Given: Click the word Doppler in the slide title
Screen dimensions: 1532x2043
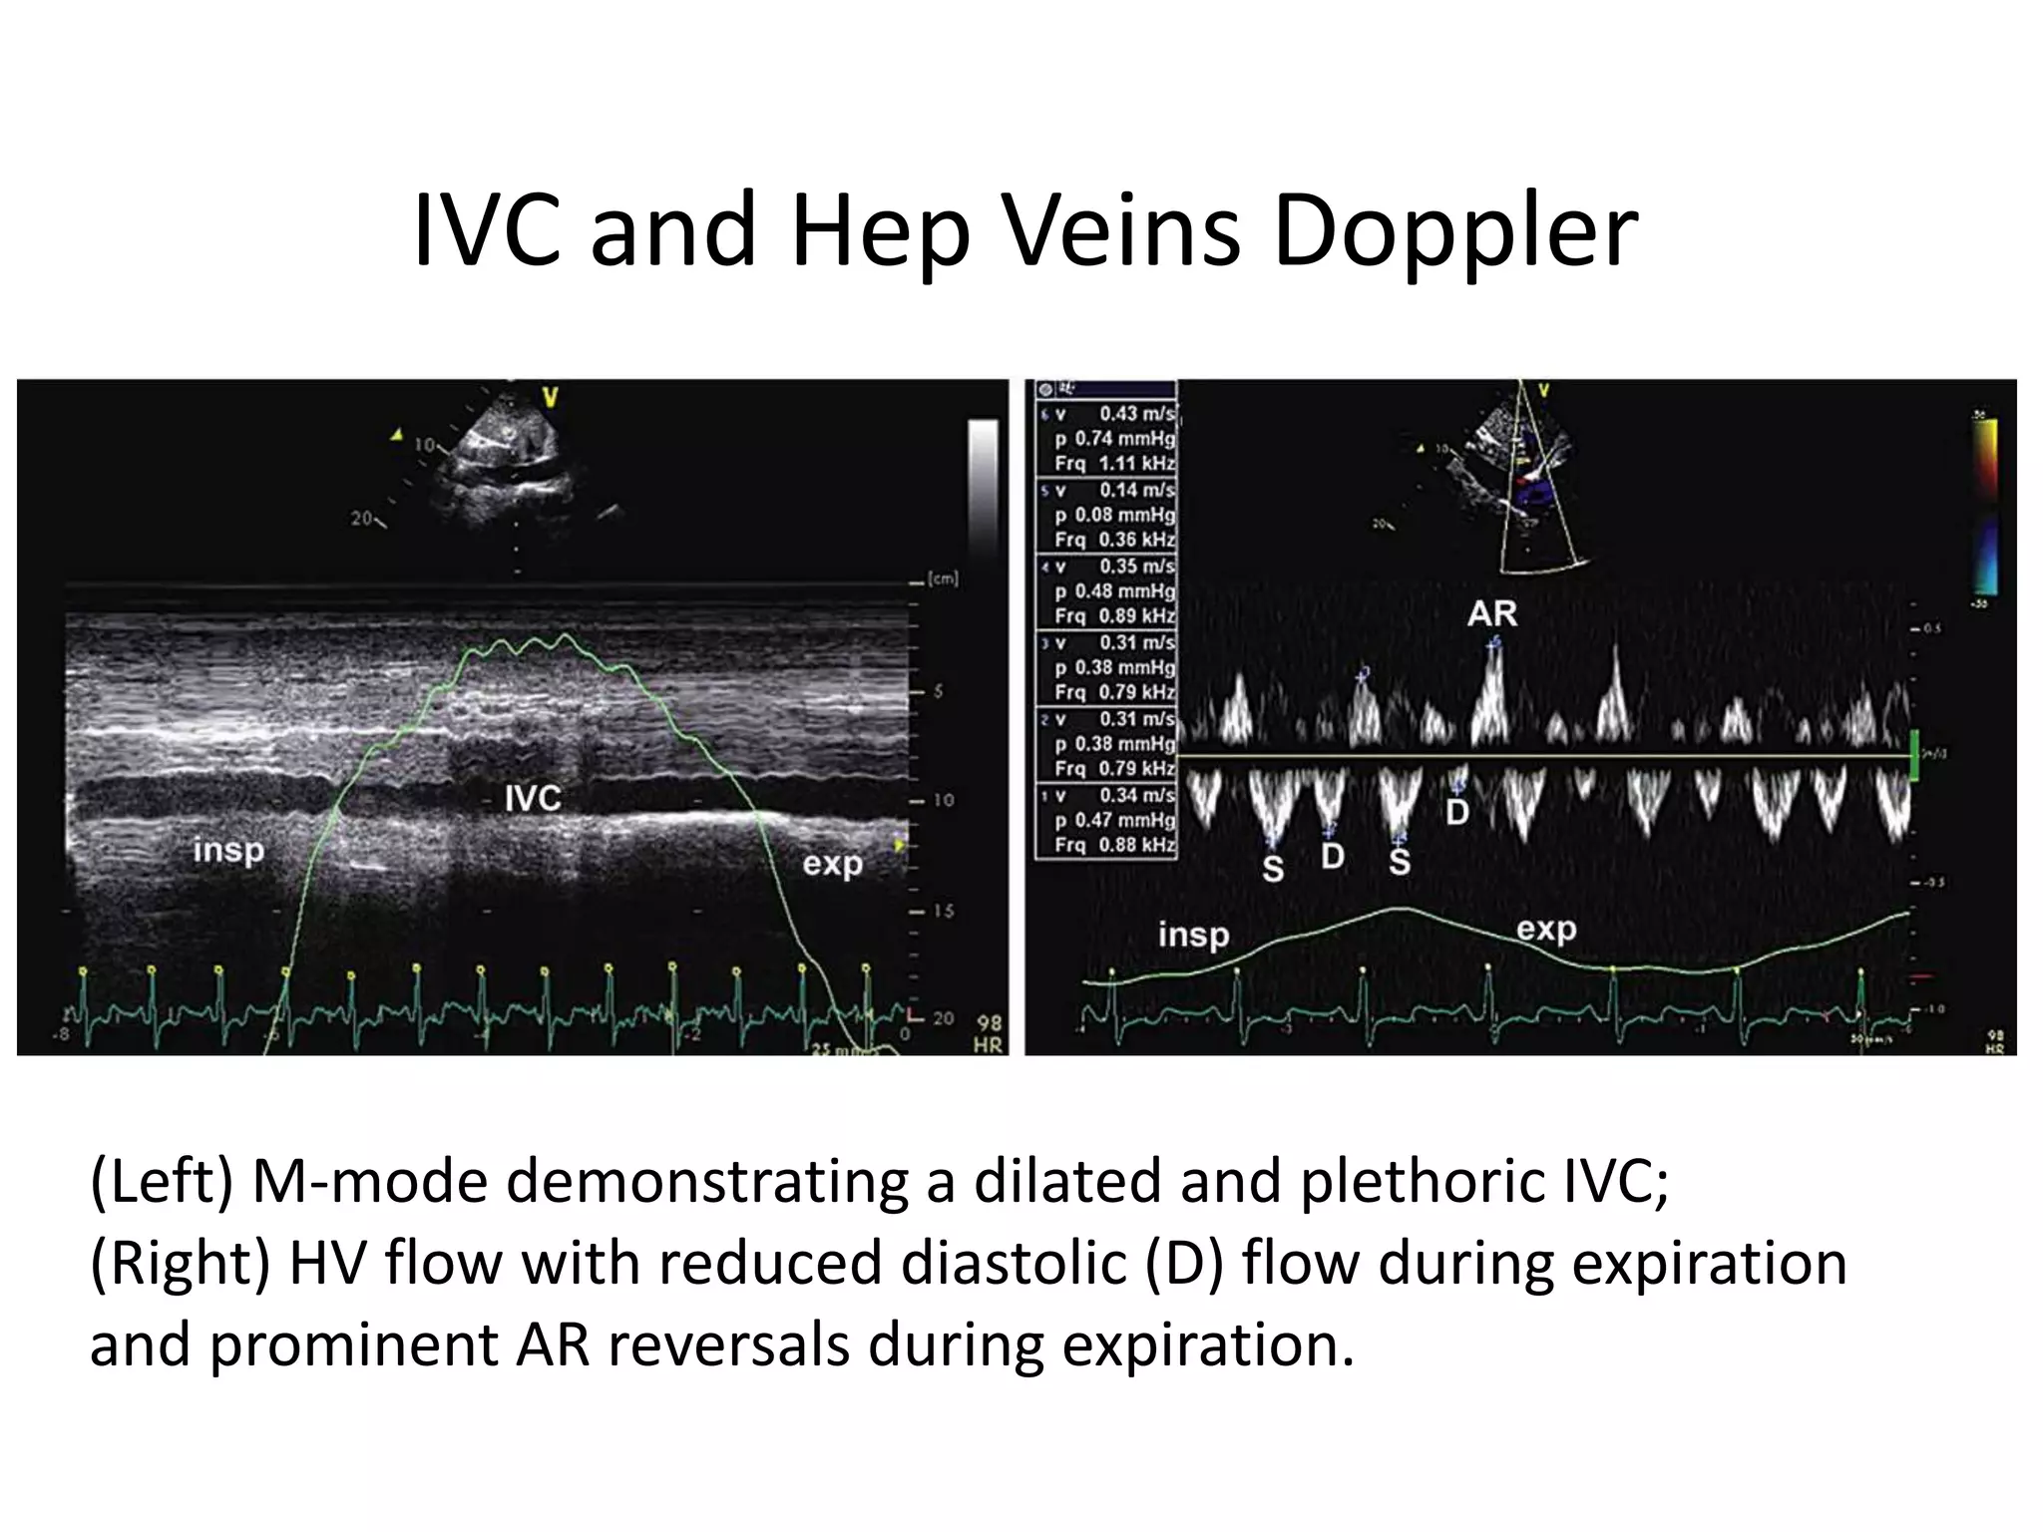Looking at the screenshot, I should click(1455, 231).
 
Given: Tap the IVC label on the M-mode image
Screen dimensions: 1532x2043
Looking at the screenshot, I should click(532, 798).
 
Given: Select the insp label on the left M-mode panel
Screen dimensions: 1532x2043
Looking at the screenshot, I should click(228, 851).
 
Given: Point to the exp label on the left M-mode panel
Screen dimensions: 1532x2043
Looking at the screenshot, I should click(832, 864).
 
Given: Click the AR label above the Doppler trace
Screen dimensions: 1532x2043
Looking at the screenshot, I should click(1491, 614).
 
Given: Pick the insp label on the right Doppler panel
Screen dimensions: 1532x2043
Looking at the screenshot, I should click(1193, 936).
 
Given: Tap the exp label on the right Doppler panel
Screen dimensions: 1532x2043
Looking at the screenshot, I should click(1546, 930).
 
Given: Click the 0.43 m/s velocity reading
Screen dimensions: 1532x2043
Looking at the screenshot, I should click(1136, 414).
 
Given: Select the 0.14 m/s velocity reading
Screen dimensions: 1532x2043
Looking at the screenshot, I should click(1136, 491).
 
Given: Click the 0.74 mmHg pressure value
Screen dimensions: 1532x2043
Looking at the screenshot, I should click(1124, 439).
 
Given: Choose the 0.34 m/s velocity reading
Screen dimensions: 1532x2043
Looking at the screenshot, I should click(1136, 796).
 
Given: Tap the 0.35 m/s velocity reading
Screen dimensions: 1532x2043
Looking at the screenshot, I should click(1136, 567).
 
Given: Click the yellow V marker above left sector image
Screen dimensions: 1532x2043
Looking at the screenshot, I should click(549, 399).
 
